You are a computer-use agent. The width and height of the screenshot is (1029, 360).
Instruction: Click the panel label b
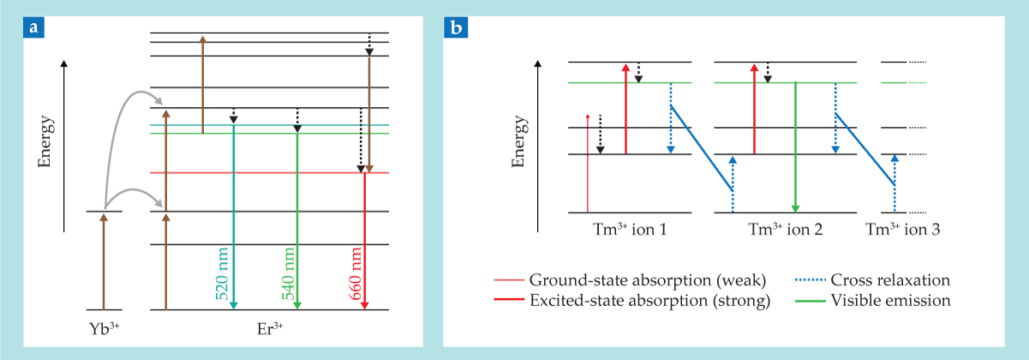point(457,28)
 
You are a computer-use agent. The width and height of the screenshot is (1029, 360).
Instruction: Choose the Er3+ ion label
point(270,327)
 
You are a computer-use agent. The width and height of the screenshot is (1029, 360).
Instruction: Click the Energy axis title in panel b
point(517,146)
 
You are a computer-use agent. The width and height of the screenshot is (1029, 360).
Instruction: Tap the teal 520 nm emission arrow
point(234,214)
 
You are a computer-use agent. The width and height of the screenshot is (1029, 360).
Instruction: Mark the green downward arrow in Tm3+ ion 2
point(796,146)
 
